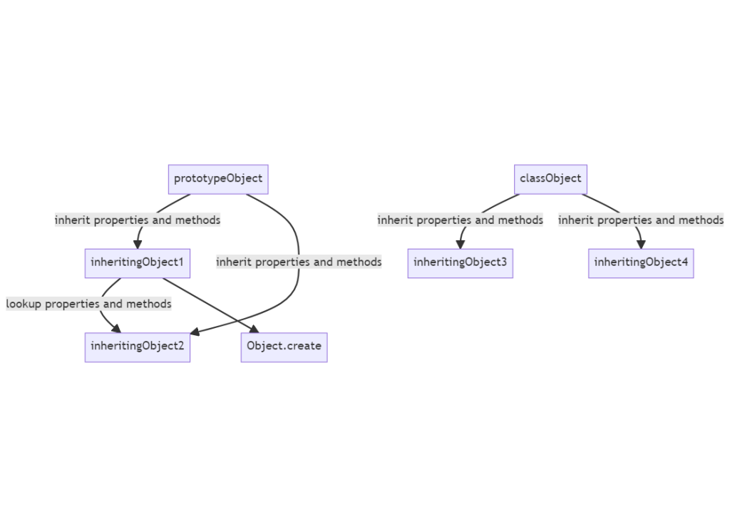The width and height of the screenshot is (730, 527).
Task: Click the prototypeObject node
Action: [x=218, y=179]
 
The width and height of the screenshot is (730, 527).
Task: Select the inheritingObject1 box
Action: [x=137, y=262]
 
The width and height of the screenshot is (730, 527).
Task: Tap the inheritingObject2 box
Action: [x=137, y=347]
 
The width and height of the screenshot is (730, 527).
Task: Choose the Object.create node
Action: [x=284, y=347]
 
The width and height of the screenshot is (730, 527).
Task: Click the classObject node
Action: [x=550, y=179]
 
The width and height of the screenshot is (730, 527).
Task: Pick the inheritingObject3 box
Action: [x=460, y=262]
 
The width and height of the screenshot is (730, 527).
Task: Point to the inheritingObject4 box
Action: [x=640, y=262]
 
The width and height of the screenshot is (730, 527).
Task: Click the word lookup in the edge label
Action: [x=24, y=305]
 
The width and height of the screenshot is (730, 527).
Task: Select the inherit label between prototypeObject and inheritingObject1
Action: [x=138, y=220]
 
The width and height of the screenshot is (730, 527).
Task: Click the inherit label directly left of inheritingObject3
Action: [x=299, y=262]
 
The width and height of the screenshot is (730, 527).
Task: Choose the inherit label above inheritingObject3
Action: [x=460, y=220]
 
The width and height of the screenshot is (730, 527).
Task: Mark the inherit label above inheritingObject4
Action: [x=640, y=220]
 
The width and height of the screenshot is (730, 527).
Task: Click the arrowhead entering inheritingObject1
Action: [x=138, y=244]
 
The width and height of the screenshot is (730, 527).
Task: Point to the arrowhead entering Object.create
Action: [x=254, y=329]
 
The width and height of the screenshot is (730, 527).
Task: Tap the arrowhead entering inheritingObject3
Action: [x=461, y=244]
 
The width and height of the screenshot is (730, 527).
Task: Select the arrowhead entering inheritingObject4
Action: [x=641, y=244]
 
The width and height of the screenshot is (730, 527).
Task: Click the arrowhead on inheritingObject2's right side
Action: [x=195, y=332]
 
